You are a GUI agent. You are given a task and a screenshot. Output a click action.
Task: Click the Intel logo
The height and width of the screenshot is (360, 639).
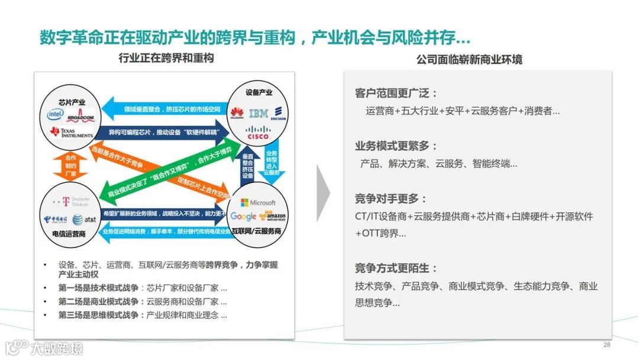point(56,113)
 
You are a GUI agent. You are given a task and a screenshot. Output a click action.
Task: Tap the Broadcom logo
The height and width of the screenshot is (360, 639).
point(81,116)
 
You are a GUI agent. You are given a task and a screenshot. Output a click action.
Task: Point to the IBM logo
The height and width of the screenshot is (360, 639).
point(258,113)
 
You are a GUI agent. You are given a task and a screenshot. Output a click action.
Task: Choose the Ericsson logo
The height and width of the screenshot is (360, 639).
point(278,114)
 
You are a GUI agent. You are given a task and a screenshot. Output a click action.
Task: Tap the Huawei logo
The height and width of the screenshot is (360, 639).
point(237,113)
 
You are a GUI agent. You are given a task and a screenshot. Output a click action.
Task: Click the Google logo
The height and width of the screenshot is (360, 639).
point(243,216)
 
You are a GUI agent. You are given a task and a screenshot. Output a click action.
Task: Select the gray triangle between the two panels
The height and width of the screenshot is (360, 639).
point(323,193)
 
